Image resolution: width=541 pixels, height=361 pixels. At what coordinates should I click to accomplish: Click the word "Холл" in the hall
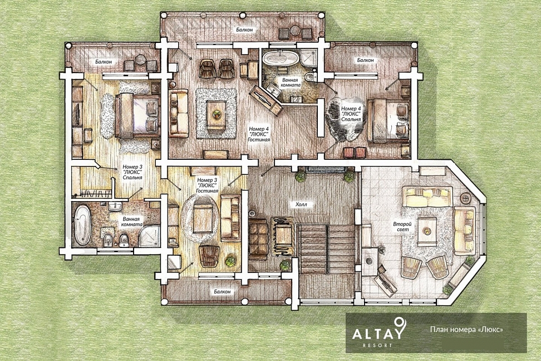point(301,204)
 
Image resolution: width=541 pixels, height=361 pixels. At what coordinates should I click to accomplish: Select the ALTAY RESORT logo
point(377,332)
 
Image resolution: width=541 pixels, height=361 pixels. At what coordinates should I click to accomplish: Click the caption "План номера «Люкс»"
point(466,329)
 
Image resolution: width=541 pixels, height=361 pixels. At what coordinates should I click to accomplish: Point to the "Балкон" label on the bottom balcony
point(222,291)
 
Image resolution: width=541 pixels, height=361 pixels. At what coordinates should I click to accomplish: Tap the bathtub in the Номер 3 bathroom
point(82,225)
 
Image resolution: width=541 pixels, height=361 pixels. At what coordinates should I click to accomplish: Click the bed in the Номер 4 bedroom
point(388,120)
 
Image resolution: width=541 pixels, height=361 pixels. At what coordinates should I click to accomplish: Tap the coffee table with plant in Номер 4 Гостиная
point(217,114)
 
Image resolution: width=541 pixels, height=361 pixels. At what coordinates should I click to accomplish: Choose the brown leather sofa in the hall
point(258,239)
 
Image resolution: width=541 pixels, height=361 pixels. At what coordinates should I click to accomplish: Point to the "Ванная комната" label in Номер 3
point(132,222)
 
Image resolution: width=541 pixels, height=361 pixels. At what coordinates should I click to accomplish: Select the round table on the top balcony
point(296,31)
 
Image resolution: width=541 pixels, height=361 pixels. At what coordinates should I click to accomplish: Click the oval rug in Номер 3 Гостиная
point(200,218)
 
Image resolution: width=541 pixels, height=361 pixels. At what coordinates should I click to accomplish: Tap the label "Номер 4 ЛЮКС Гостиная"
point(259,134)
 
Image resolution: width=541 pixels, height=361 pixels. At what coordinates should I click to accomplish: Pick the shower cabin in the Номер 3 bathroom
point(149,236)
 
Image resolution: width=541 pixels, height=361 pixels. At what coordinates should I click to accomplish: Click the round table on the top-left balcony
point(141,60)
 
